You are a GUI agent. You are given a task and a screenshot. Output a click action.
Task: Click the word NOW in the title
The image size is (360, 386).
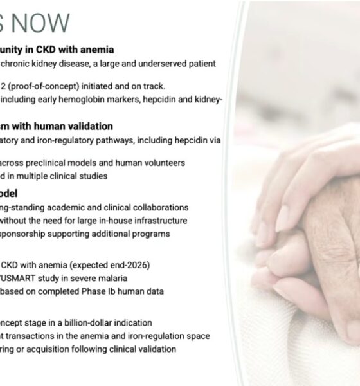(x=41, y=22)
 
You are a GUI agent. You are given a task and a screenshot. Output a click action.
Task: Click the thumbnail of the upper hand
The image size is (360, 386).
(x=283, y=219)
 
